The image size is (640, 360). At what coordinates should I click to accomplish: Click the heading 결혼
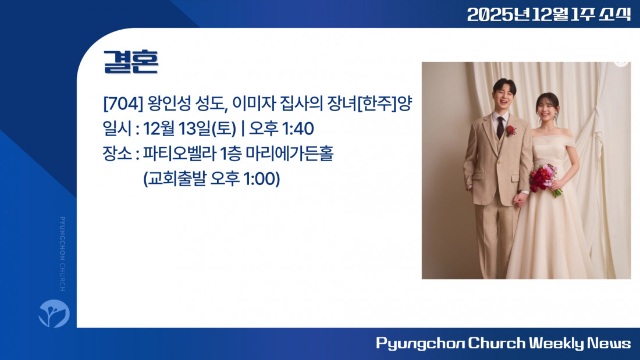click(130, 62)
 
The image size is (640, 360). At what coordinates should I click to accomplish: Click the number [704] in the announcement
click(123, 104)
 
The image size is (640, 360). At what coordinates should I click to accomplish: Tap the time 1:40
click(297, 129)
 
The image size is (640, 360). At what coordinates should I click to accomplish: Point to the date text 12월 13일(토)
click(190, 129)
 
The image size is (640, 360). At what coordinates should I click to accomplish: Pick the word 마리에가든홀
click(290, 154)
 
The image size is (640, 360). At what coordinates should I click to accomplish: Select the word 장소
click(117, 154)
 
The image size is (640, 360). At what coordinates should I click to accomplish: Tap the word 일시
click(117, 129)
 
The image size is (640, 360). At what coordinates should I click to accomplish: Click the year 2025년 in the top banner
click(498, 15)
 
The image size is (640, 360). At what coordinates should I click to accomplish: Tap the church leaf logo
click(54, 313)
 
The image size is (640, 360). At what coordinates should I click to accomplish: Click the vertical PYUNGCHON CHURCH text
click(62, 254)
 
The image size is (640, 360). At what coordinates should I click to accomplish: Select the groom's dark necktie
click(500, 128)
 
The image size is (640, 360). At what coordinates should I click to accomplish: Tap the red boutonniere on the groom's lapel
click(511, 131)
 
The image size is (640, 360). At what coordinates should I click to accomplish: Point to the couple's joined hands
click(520, 199)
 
